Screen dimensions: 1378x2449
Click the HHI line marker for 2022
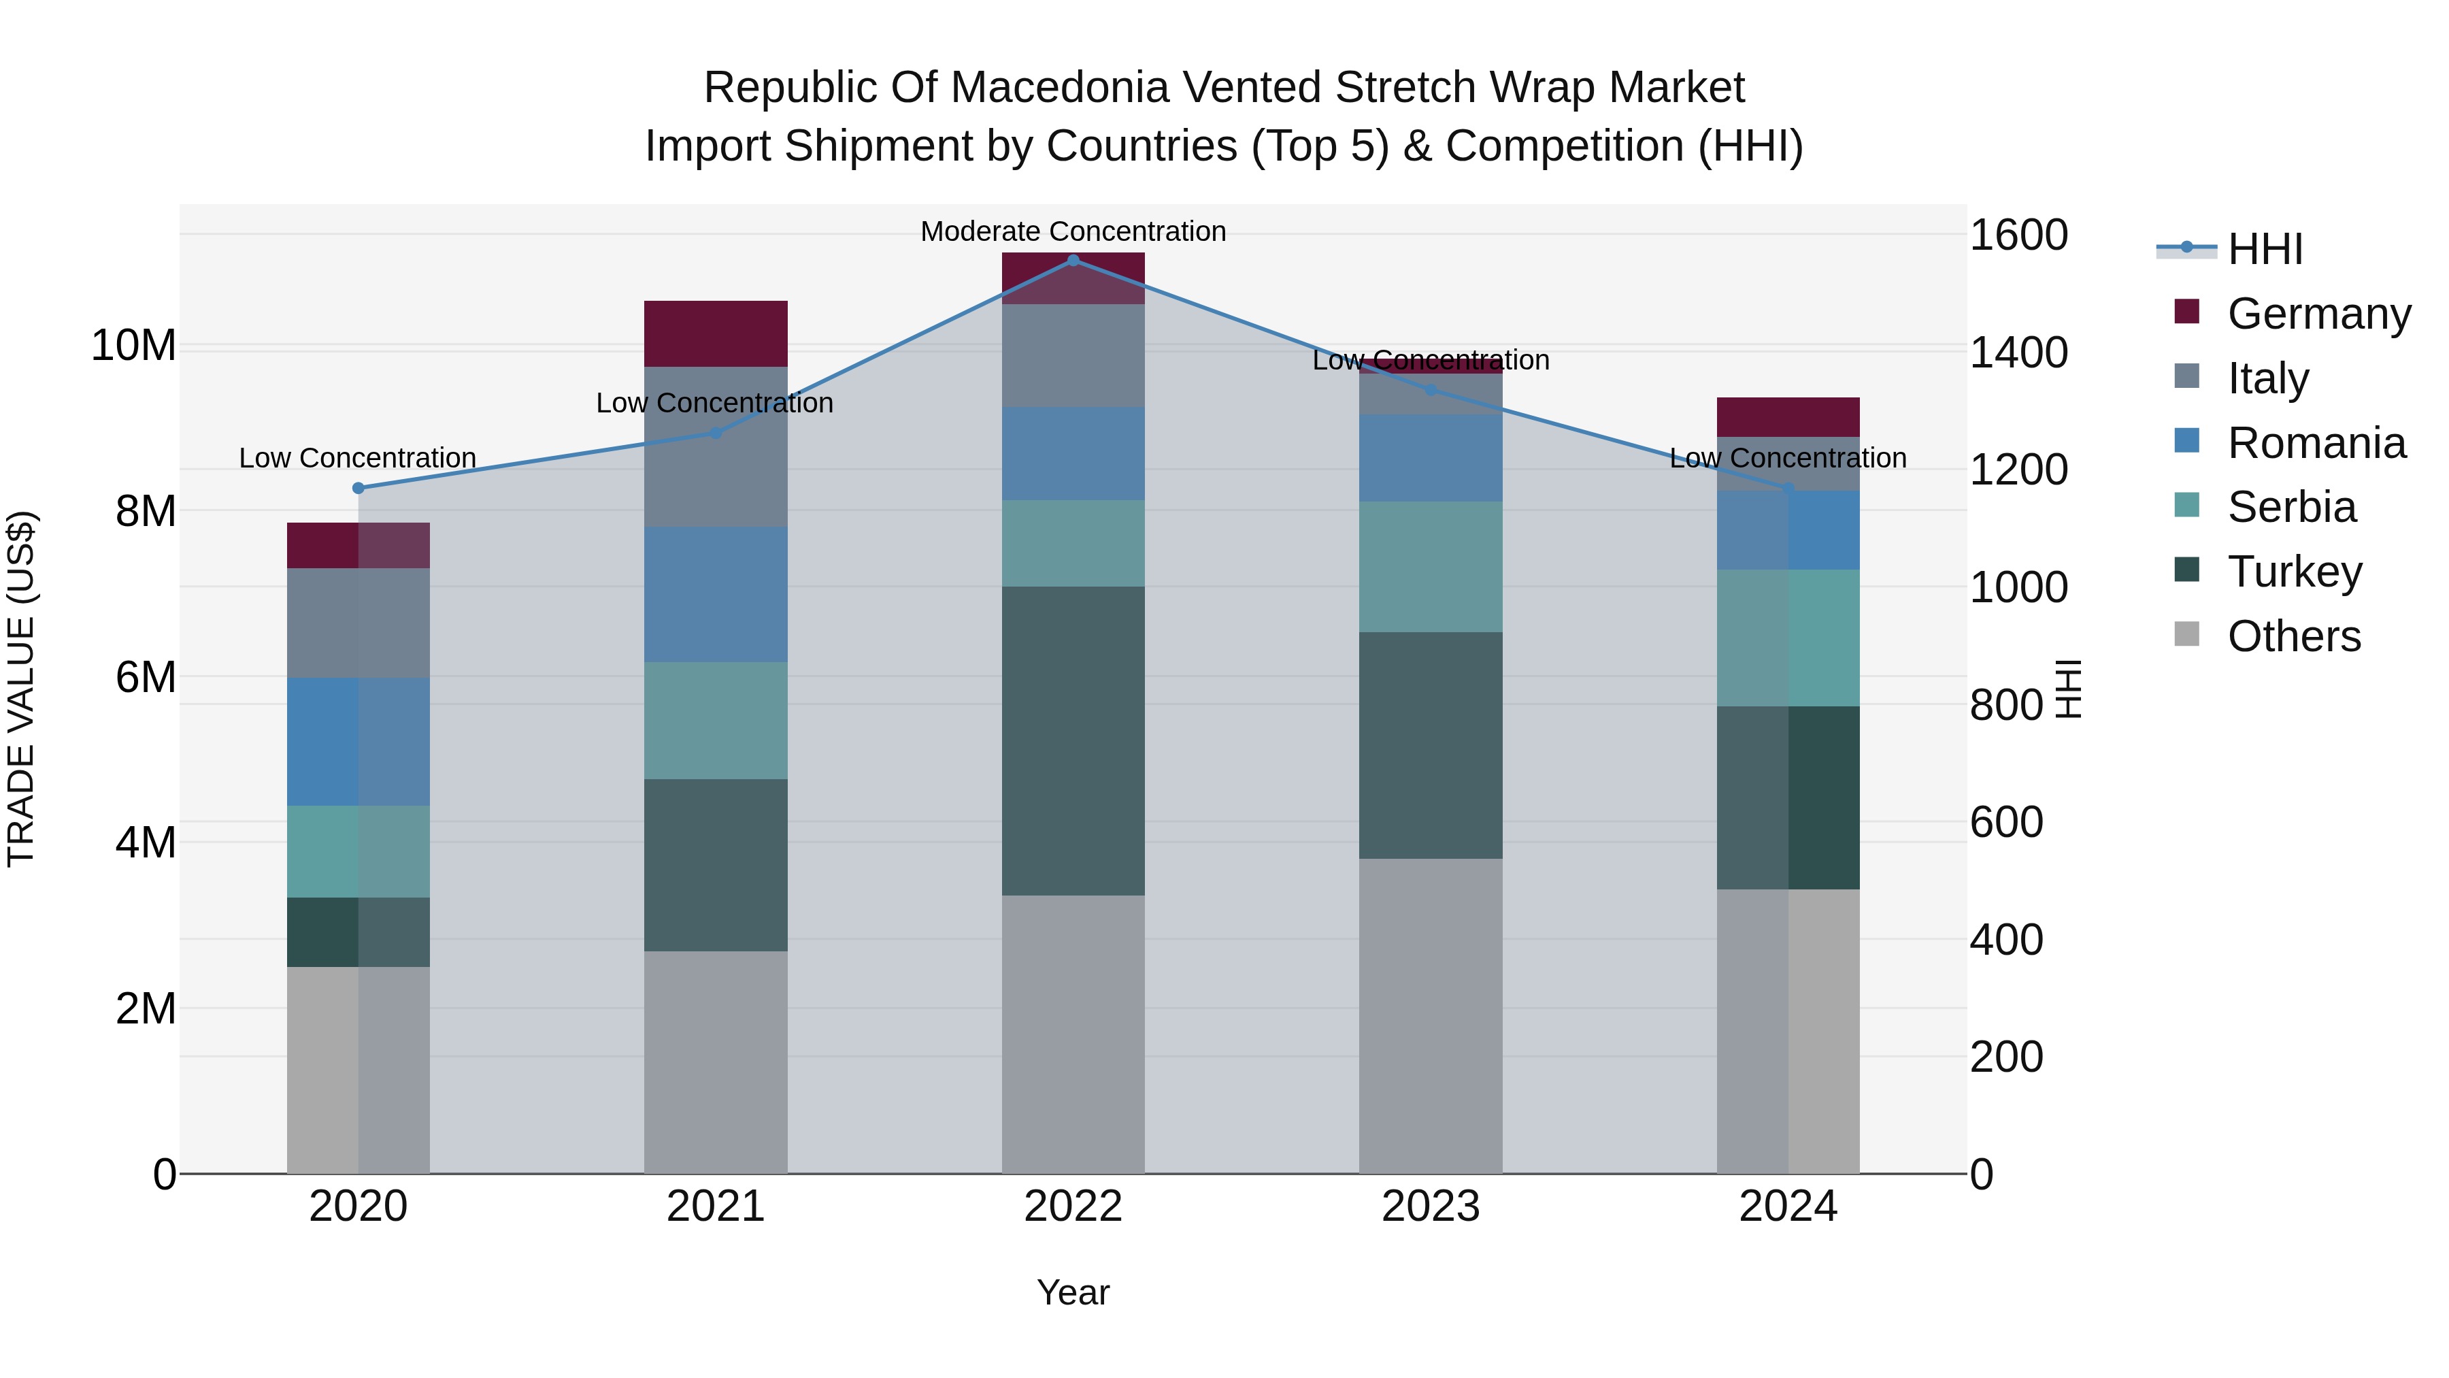[1073, 260]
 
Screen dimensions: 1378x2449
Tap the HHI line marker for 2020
[359, 488]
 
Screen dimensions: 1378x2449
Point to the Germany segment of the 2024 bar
[1788, 416]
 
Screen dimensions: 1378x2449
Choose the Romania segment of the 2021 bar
[716, 594]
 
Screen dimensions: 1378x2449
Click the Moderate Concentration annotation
[1073, 231]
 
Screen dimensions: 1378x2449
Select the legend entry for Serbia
[2291, 507]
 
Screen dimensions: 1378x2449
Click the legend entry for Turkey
[2294, 572]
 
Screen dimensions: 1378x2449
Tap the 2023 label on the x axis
[1431, 1207]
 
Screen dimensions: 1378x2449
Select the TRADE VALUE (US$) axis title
[21, 689]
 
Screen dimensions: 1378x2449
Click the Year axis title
[1073, 1292]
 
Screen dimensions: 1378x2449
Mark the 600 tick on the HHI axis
[2006, 821]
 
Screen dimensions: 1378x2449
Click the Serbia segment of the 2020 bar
[359, 851]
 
